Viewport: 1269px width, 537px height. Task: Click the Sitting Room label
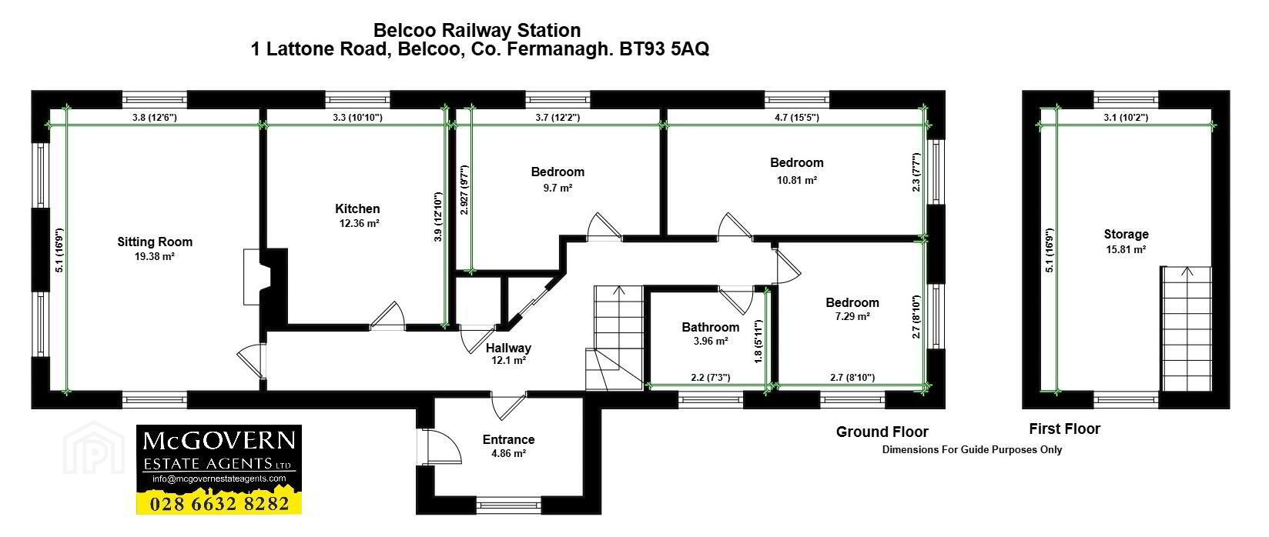click(x=155, y=242)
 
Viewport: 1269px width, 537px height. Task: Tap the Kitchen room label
click(x=357, y=208)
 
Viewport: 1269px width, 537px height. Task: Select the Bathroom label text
click(x=710, y=327)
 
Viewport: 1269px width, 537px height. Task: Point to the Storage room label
click(x=1126, y=234)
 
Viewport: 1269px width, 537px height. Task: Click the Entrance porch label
click(x=508, y=439)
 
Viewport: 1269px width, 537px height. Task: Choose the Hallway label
click(x=508, y=348)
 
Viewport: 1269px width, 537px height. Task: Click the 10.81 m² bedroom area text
click(x=797, y=179)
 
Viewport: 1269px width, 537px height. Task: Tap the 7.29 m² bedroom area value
click(x=852, y=316)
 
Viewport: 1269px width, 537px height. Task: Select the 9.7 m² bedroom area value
click(x=557, y=187)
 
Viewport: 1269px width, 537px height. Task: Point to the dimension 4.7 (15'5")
click(x=796, y=118)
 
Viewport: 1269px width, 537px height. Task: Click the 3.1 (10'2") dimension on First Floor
click(x=1125, y=118)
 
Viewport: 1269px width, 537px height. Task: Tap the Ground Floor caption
click(x=882, y=432)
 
